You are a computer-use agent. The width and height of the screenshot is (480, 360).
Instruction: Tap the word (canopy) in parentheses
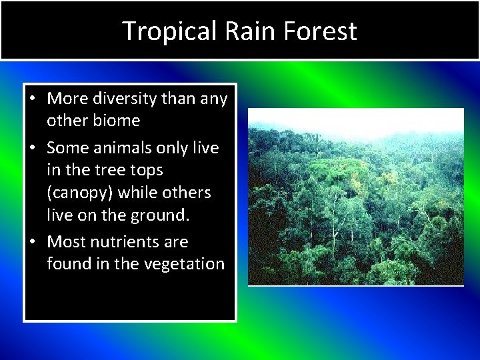pyautogui.click(x=82, y=193)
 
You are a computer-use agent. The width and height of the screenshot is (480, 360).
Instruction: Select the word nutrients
pyautogui.click(x=129, y=242)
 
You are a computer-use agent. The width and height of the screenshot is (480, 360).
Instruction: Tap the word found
pyautogui.click(x=69, y=264)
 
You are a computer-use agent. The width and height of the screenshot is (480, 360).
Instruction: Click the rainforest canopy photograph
pyautogui.click(x=355, y=197)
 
